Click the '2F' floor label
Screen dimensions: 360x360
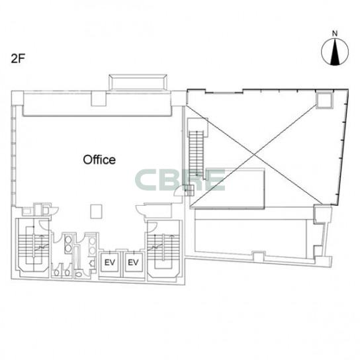click(x=18, y=59)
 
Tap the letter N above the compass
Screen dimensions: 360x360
click(x=335, y=34)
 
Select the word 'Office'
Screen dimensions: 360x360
click(x=99, y=159)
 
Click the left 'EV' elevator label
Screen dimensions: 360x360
click(x=109, y=263)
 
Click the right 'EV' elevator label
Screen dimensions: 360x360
click(x=134, y=263)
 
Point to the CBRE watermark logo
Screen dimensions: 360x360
click(x=180, y=180)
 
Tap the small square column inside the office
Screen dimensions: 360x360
click(x=96, y=212)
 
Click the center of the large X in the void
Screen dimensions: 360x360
click(x=254, y=155)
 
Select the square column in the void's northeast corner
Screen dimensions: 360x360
click(x=324, y=100)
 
